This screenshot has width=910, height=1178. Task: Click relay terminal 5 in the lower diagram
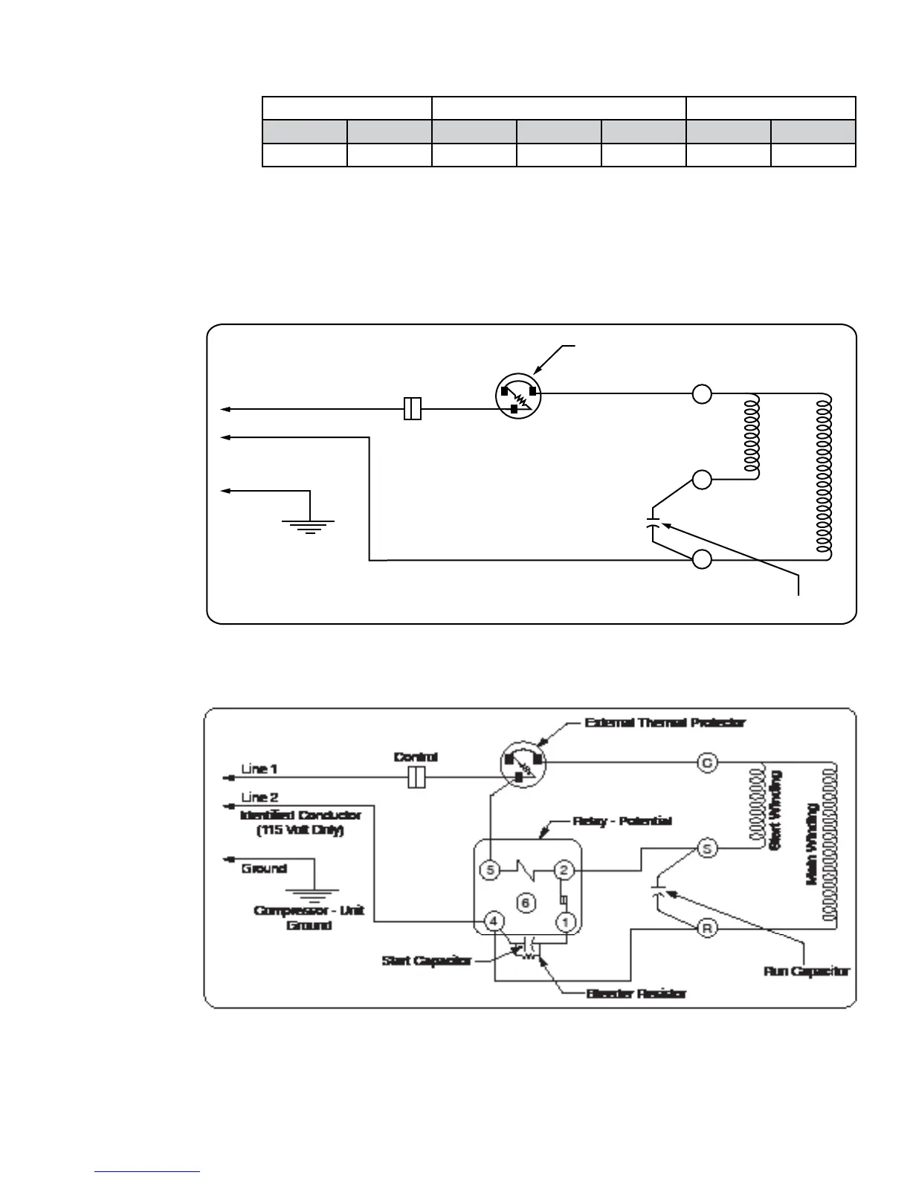pos(488,869)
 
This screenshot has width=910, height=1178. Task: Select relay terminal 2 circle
pos(564,869)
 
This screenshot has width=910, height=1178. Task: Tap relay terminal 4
pos(493,922)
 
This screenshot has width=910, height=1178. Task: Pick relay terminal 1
pos(566,922)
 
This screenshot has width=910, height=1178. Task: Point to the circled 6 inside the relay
pos(525,902)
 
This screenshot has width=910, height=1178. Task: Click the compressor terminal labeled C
pos(707,762)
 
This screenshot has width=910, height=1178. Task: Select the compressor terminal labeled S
pos(707,848)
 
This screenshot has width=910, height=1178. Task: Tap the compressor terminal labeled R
pos(707,928)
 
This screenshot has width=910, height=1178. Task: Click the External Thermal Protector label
pos(665,722)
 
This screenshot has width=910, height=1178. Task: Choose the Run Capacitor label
pos(806,971)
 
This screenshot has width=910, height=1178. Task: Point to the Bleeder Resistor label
pos(636,993)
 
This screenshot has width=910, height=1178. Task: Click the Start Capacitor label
pos(426,960)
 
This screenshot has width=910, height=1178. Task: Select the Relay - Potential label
pos(622,821)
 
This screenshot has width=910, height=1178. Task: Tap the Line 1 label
pos(259,768)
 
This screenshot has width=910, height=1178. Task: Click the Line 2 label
pos(259,797)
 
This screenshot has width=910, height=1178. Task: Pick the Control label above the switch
pos(416,756)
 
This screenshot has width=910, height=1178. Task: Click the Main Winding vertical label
pos(813,844)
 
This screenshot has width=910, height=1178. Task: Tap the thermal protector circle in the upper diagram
pos(518,397)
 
